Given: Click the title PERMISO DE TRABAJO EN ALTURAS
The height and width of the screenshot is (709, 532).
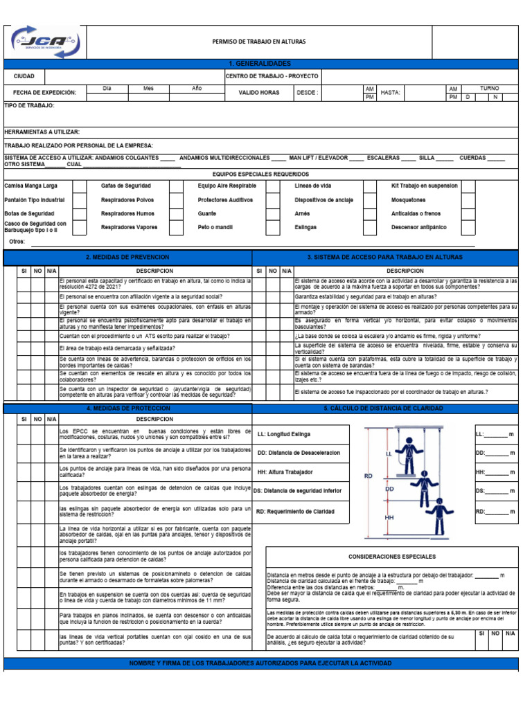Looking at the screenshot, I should click(258, 42).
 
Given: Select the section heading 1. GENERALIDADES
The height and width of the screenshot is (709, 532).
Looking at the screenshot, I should click(258, 64).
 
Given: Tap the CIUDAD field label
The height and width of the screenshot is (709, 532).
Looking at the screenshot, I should click(24, 76).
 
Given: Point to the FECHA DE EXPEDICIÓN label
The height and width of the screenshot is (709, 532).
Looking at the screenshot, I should click(44, 93).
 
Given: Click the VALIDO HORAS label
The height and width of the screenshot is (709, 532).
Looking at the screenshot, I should click(259, 92).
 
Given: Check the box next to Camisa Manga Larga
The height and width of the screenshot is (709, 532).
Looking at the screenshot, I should click(80, 186).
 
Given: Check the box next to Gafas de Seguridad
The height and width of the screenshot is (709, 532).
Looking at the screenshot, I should click(177, 186).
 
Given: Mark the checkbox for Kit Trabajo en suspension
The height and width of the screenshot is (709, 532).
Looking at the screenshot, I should click(468, 186).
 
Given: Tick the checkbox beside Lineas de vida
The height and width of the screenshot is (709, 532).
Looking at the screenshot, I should click(371, 186).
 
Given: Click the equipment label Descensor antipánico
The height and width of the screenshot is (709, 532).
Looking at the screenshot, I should click(418, 227).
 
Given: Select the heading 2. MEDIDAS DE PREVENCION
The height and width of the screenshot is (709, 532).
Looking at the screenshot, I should click(128, 257).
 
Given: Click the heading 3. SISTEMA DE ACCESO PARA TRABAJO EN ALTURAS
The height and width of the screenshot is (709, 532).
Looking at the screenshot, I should click(384, 257).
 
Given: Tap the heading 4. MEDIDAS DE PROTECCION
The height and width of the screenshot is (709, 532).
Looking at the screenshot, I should click(128, 409).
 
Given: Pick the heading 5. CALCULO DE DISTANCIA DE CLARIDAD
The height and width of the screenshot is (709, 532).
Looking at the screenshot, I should click(384, 409).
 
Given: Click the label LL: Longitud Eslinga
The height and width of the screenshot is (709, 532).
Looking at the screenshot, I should click(284, 434).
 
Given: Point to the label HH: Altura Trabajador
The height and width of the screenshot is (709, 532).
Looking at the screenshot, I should click(285, 472).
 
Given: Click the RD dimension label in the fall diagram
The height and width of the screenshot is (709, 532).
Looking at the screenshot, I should click(368, 476).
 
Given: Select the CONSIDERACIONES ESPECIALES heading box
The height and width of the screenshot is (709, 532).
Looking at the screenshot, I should click(391, 557).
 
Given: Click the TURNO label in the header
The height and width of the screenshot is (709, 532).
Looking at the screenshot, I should click(489, 89).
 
